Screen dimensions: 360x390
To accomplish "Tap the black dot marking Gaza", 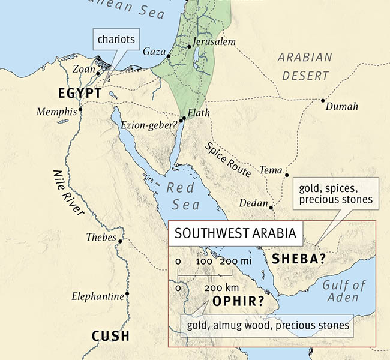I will [169, 56].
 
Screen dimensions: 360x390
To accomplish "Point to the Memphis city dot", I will [80, 110].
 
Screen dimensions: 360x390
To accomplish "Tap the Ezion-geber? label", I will [149, 125].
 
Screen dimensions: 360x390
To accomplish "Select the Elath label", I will [199, 112].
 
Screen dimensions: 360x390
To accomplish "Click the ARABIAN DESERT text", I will [305, 67].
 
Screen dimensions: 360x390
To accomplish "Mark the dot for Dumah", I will [323, 100].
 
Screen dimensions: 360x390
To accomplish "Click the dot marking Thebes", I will [121, 241].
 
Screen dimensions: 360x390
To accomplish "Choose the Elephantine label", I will [97, 296].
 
